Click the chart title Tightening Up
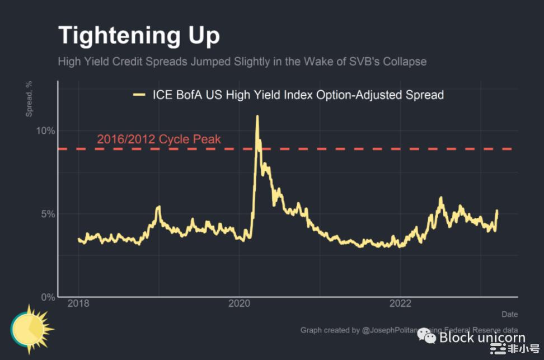(139, 35)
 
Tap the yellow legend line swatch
(139, 95)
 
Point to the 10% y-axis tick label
(45, 131)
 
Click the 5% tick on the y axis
(48, 214)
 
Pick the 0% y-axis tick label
(48, 297)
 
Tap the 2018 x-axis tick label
(78, 304)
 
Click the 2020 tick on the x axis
(239, 304)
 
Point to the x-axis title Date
(509, 314)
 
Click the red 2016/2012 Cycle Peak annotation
(159, 139)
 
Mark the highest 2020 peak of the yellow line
(257, 116)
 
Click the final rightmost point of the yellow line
(497, 211)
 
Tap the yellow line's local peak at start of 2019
(159, 207)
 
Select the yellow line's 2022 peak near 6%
(441, 198)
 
